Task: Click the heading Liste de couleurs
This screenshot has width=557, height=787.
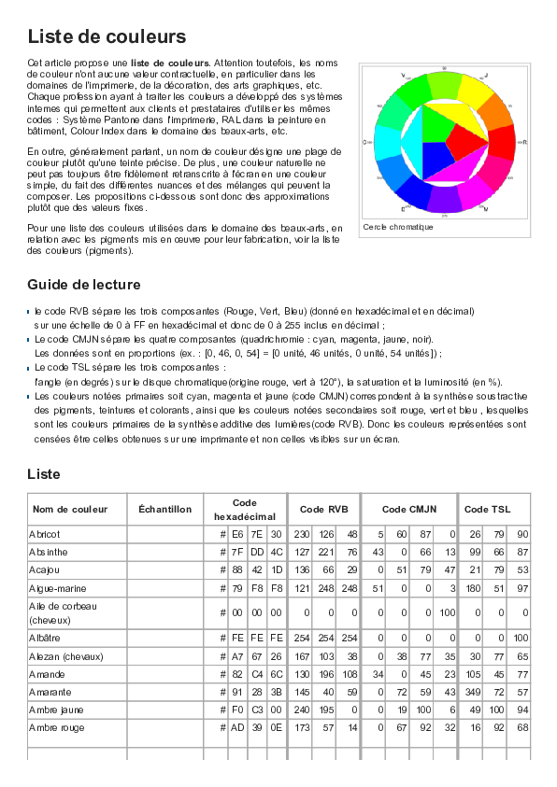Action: (107, 37)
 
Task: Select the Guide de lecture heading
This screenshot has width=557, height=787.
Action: (84, 285)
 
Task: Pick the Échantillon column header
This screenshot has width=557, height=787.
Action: (164, 509)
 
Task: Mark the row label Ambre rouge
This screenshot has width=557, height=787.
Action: (56, 725)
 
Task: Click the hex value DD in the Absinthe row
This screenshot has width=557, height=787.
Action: (256, 552)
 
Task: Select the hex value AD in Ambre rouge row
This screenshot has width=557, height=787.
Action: (237, 725)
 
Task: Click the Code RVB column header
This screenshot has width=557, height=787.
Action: (323, 509)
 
